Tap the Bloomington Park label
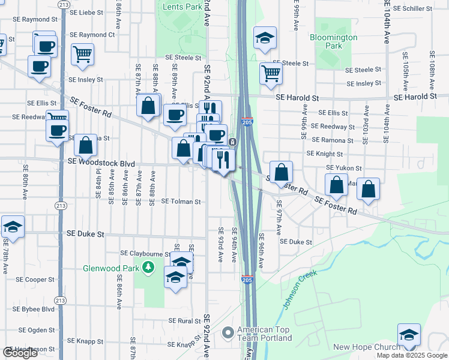(333, 41)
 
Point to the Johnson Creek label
(300, 290)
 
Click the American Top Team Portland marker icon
(227, 332)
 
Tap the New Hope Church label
(366, 347)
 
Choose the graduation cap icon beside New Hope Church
(409, 335)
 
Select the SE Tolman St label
(181, 202)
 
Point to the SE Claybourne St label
(146, 253)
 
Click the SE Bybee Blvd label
(36, 309)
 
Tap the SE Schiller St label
(415, 9)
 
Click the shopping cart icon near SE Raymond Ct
(82, 54)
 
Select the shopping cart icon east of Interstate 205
(271, 73)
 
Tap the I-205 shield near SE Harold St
(249, 121)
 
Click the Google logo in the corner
(20, 352)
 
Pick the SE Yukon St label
(344, 169)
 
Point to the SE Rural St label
(185, 321)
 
